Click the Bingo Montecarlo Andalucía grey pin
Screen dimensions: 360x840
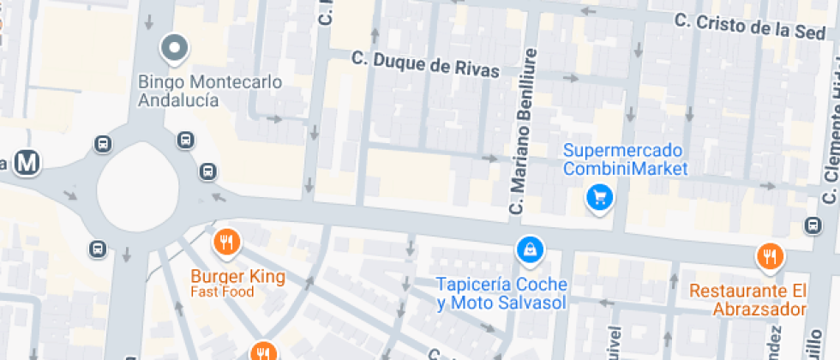tap(175, 49)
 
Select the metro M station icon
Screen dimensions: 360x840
tap(31, 162)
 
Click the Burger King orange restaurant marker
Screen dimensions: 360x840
tap(226, 243)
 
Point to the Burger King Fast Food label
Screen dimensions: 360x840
tap(237, 284)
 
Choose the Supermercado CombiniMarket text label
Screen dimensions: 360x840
tap(625, 159)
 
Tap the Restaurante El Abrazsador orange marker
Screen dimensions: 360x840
tap(770, 256)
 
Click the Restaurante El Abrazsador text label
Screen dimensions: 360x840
tap(748, 299)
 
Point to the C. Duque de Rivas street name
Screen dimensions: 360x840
tap(425, 64)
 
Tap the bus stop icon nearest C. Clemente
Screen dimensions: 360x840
tap(813, 225)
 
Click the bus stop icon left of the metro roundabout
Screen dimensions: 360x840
tap(101, 143)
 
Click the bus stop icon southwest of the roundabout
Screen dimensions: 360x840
tap(97, 249)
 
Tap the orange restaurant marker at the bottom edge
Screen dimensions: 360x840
tap(263, 351)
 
